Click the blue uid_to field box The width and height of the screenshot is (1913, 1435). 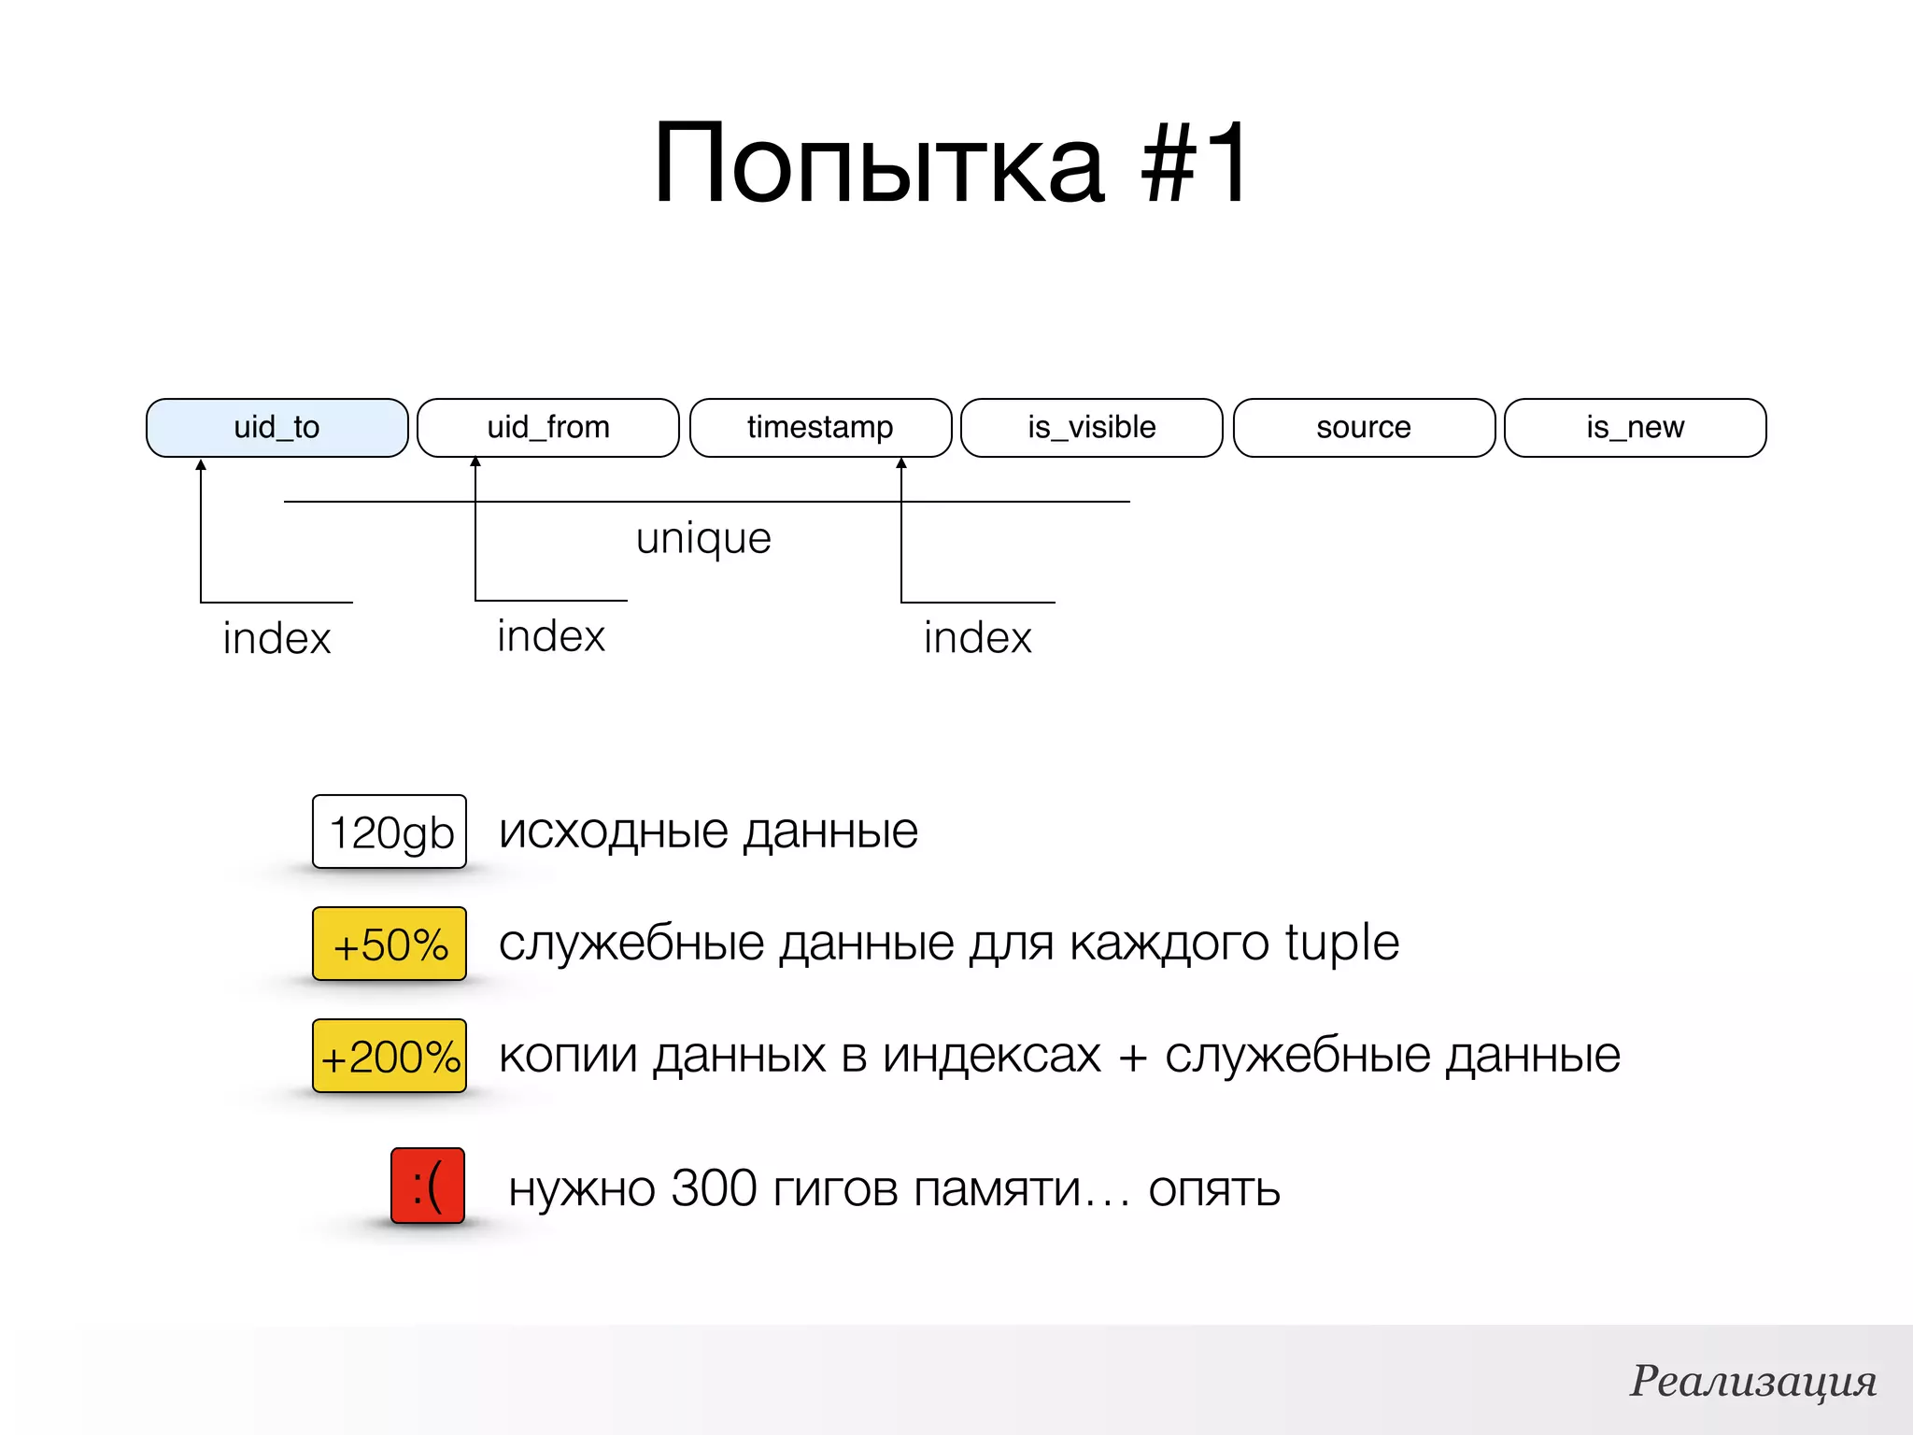click(276, 428)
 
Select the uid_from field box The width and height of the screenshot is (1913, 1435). click(548, 428)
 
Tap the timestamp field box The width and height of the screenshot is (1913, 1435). click(820, 428)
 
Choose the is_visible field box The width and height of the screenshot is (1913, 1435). click(1091, 428)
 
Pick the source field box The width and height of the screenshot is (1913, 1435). click(1364, 428)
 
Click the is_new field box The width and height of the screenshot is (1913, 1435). click(1635, 428)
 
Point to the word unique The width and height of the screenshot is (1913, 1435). click(703, 539)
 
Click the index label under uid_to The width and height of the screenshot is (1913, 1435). click(276, 639)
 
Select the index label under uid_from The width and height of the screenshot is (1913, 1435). click(551, 636)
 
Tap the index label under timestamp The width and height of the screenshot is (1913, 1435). click(977, 638)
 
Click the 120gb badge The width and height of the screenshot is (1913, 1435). click(390, 831)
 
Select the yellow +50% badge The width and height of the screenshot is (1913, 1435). click(390, 944)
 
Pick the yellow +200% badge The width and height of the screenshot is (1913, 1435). click(390, 1056)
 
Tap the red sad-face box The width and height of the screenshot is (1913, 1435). click(428, 1186)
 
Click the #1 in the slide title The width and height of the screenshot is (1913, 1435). click(1194, 163)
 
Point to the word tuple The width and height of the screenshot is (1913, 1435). click(1341, 942)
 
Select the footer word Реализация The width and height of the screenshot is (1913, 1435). click(1753, 1381)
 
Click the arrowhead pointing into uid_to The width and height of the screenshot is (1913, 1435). click(201, 464)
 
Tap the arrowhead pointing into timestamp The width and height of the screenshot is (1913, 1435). click(901, 463)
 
